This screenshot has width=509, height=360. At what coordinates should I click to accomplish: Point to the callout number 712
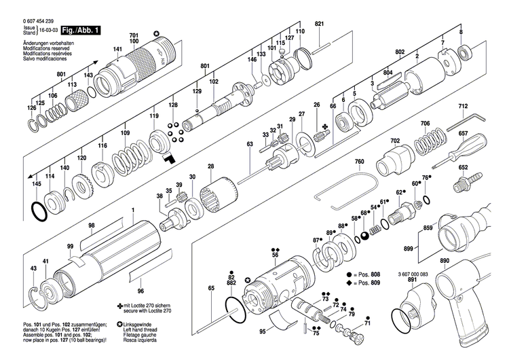pos(463,107)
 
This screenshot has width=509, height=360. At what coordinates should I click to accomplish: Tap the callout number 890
pos(445,261)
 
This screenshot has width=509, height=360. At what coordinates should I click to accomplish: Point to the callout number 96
pos(140,281)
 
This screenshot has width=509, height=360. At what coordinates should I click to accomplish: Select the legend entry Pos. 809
pos(365,282)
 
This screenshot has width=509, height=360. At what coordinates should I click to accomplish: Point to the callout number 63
pos(250,144)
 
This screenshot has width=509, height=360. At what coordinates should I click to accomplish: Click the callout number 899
pos(408,249)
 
